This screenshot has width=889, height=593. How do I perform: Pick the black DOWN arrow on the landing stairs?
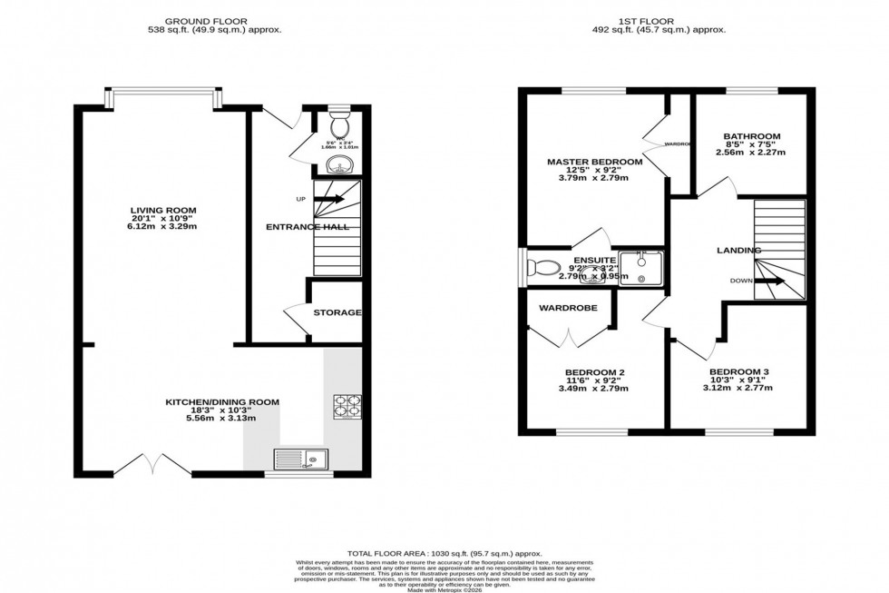(x=769, y=281)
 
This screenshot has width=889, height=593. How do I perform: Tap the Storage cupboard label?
(x=337, y=312)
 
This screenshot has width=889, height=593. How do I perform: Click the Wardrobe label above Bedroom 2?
(x=568, y=308)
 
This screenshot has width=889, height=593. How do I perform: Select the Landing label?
(x=738, y=250)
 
